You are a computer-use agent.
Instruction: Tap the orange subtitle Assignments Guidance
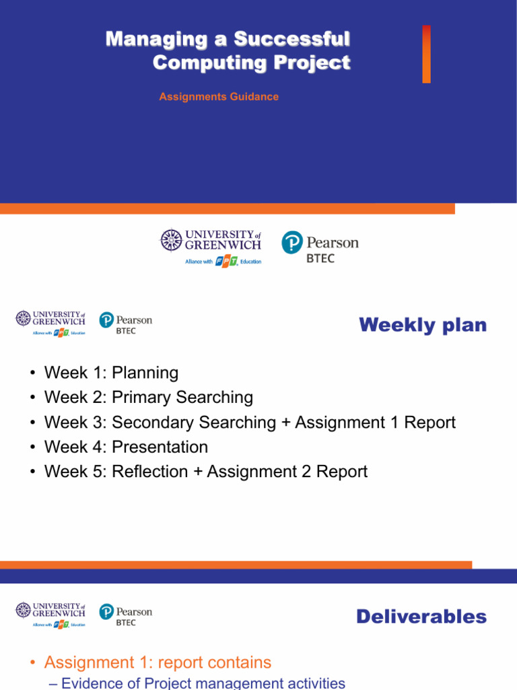(219, 97)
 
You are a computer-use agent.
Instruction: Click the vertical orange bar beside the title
(426, 54)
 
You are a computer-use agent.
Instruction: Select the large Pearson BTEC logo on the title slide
(320, 246)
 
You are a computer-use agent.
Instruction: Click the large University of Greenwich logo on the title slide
(211, 246)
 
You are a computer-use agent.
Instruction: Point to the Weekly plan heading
(422, 325)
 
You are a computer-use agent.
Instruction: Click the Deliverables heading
(421, 617)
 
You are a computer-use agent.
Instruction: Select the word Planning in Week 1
(145, 373)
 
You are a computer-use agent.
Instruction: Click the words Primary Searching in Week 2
(182, 398)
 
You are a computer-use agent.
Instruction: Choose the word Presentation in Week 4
(160, 447)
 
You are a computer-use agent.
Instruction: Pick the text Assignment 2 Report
(287, 472)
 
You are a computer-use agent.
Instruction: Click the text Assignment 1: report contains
(158, 663)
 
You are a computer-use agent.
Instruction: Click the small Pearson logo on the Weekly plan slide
(126, 322)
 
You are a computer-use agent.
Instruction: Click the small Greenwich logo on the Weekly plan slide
(51, 322)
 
